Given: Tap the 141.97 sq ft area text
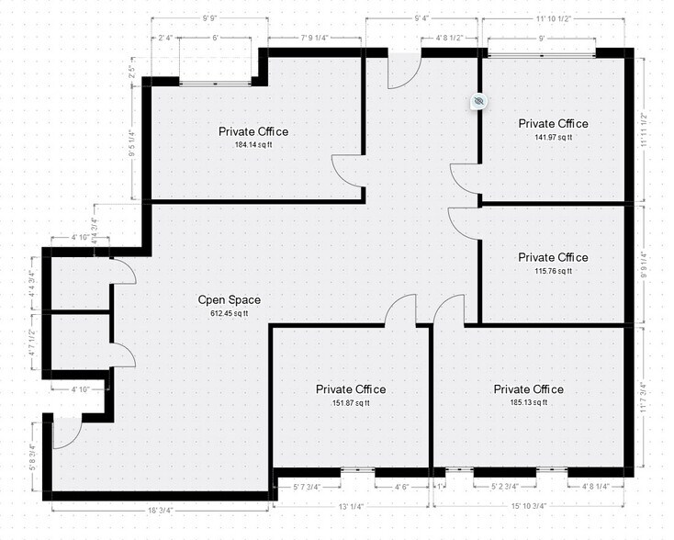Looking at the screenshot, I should point(553,138).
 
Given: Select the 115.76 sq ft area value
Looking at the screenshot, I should point(553,271).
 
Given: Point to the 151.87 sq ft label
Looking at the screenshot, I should point(351,403).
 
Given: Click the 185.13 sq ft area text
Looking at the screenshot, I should point(528,403).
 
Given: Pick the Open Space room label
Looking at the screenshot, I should point(230,300).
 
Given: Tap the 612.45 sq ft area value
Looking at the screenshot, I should point(230,314).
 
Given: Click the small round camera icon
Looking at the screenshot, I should point(477,101).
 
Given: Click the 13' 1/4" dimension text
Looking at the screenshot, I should point(352,506).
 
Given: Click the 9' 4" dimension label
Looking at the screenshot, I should point(423,17).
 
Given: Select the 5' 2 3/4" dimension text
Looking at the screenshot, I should point(506,486).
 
